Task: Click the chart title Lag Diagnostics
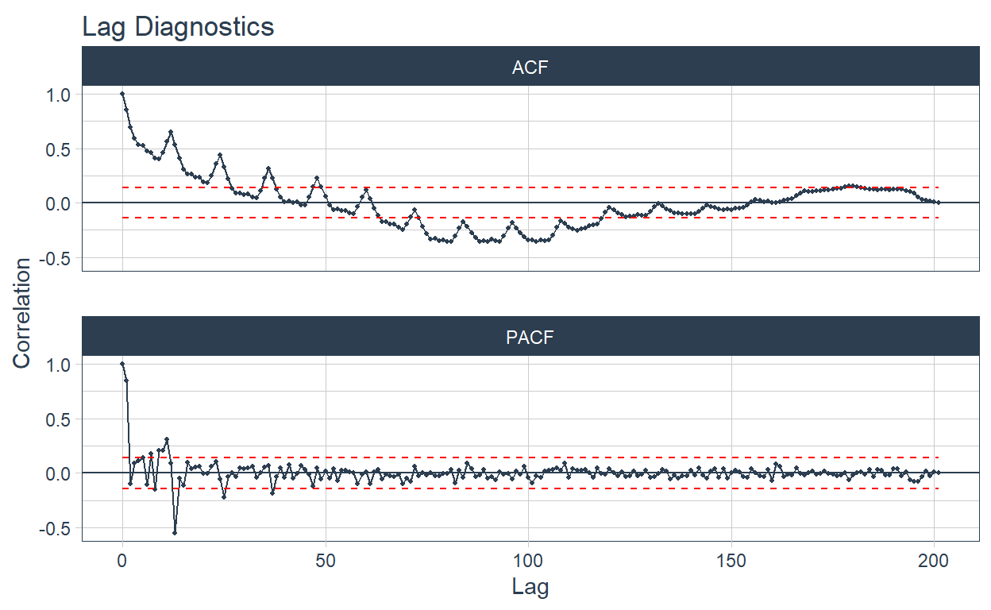(x=178, y=26)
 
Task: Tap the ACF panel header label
(x=530, y=68)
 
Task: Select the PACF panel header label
(x=530, y=338)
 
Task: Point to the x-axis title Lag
(x=530, y=589)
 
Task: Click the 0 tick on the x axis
(x=122, y=560)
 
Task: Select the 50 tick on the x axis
(x=326, y=560)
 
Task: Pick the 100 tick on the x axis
(x=528, y=560)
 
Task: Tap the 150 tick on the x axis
(x=731, y=560)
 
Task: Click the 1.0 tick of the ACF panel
(x=60, y=95)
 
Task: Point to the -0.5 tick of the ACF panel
(x=56, y=258)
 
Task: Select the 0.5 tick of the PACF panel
(x=60, y=419)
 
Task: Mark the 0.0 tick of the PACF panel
(x=60, y=473)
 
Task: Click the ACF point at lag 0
(x=122, y=94)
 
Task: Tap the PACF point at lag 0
(x=122, y=364)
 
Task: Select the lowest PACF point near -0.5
(x=175, y=532)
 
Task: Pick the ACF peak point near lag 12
(x=171, y=132)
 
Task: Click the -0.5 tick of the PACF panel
(x=56, y=528)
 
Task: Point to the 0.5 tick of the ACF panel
(x=60, y=149)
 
